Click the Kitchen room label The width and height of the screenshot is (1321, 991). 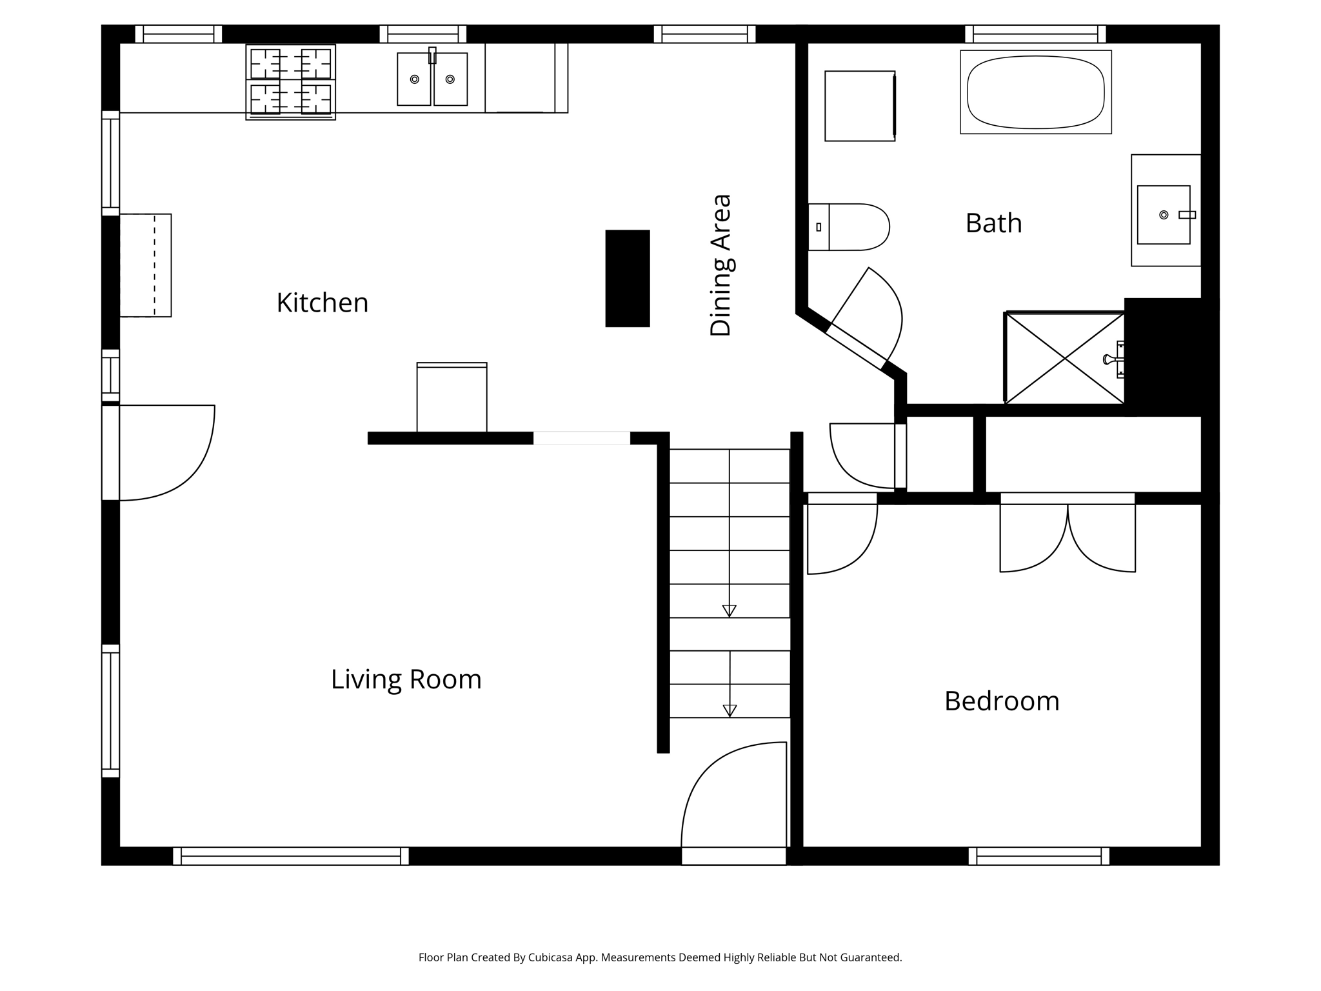tap(322, 303)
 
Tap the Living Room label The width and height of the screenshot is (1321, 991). tap(406, 679)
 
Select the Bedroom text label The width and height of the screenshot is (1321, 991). tap(1001, 701)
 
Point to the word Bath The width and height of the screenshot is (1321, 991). tap(993, 223)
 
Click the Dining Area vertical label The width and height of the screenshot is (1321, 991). tap(720, 265)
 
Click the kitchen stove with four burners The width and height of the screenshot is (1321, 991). tap(290, 82)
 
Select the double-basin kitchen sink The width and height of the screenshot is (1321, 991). tap(432, 79)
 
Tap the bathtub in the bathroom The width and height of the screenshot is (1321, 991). tap(1035, 92)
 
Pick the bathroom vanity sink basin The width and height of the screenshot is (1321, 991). tap(1163, 215)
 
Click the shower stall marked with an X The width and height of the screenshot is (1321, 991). tap(1064, 359)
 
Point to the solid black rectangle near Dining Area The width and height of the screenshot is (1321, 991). tap(627, 278)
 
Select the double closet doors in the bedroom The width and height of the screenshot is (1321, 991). tap(1068, 536)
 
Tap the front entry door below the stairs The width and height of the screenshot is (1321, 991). tap(733, 800)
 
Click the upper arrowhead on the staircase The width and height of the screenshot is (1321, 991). tap(729, 610)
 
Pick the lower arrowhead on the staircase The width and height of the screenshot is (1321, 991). tap(730, 710)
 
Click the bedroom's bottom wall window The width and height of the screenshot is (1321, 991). tap(1038, 856)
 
